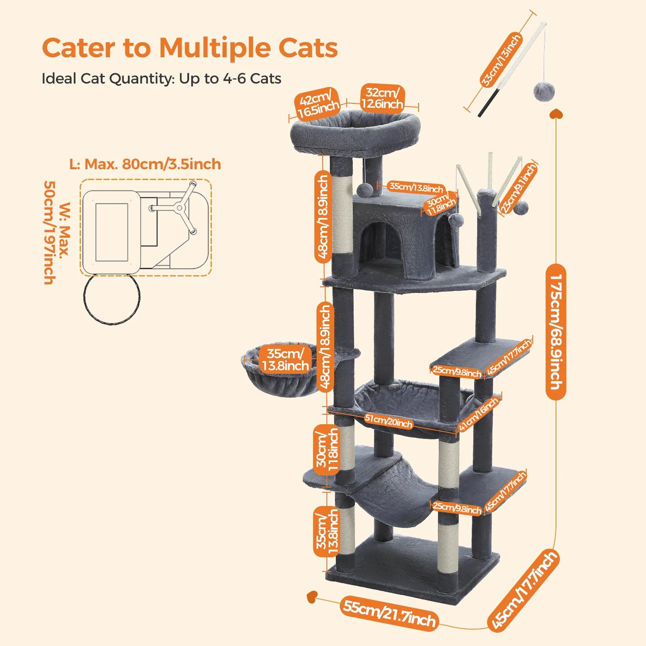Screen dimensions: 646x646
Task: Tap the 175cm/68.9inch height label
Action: (556, 332)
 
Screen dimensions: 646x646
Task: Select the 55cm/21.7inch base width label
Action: (388, 614)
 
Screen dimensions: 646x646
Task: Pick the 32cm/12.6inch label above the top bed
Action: (382, 98)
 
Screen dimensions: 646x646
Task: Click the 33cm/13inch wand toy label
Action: (500, 60)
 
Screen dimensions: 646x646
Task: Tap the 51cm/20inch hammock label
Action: (388, 421)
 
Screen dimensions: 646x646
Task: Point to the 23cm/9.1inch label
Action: (518, 188)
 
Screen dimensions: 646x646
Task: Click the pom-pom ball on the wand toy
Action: (544, 91)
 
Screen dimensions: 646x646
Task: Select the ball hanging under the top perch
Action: (364, 189)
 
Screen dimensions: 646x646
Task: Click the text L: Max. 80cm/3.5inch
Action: (145, 164)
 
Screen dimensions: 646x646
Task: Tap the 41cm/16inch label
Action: (478, 414)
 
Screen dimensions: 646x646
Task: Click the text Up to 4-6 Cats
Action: (230, 79)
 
